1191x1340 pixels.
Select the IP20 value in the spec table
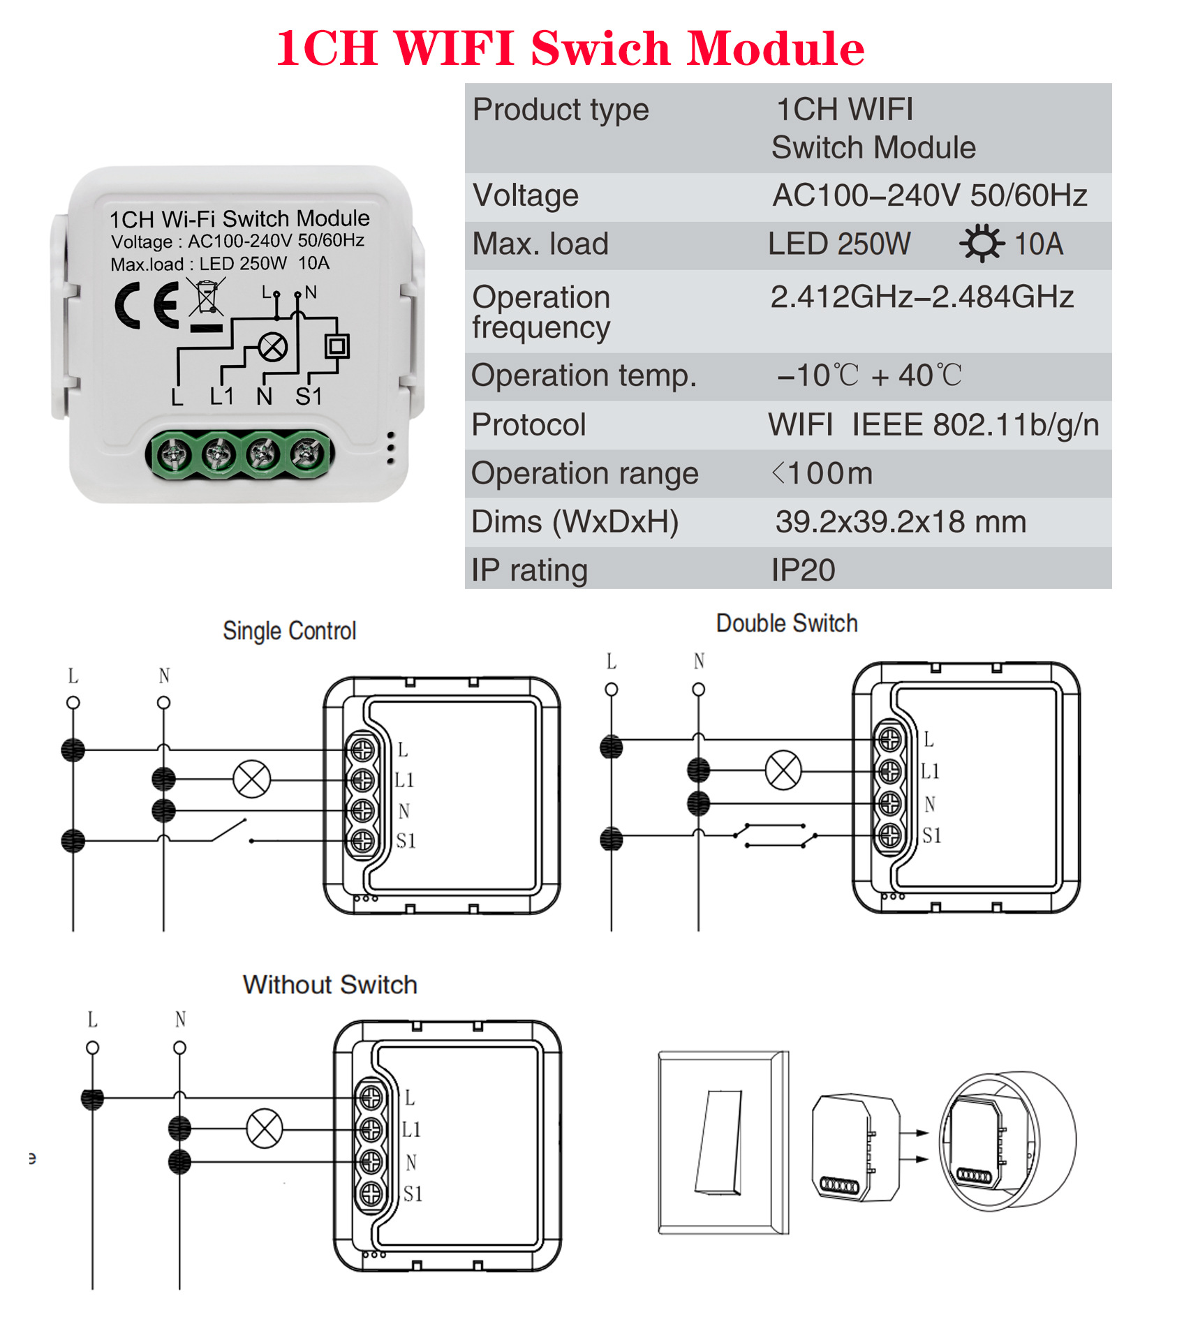803,570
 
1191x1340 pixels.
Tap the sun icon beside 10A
982,244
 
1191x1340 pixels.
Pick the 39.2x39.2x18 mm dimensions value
901,522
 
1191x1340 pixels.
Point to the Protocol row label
528,425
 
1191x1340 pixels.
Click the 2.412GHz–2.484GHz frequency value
922,297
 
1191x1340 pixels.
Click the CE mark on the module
147,306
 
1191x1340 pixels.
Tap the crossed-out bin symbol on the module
207,297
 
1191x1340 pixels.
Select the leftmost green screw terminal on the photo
172,455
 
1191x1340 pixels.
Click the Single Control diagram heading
289,631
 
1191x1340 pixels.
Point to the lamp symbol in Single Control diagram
251,779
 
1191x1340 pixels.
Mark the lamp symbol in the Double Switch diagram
783,770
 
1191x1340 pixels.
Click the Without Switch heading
330,985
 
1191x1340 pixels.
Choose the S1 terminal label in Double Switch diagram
932,835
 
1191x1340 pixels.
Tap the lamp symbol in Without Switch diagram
265,1128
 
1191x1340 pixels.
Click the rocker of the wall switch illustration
719,1142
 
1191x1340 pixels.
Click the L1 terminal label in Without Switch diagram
411,1129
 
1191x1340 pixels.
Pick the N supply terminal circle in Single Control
163,703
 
